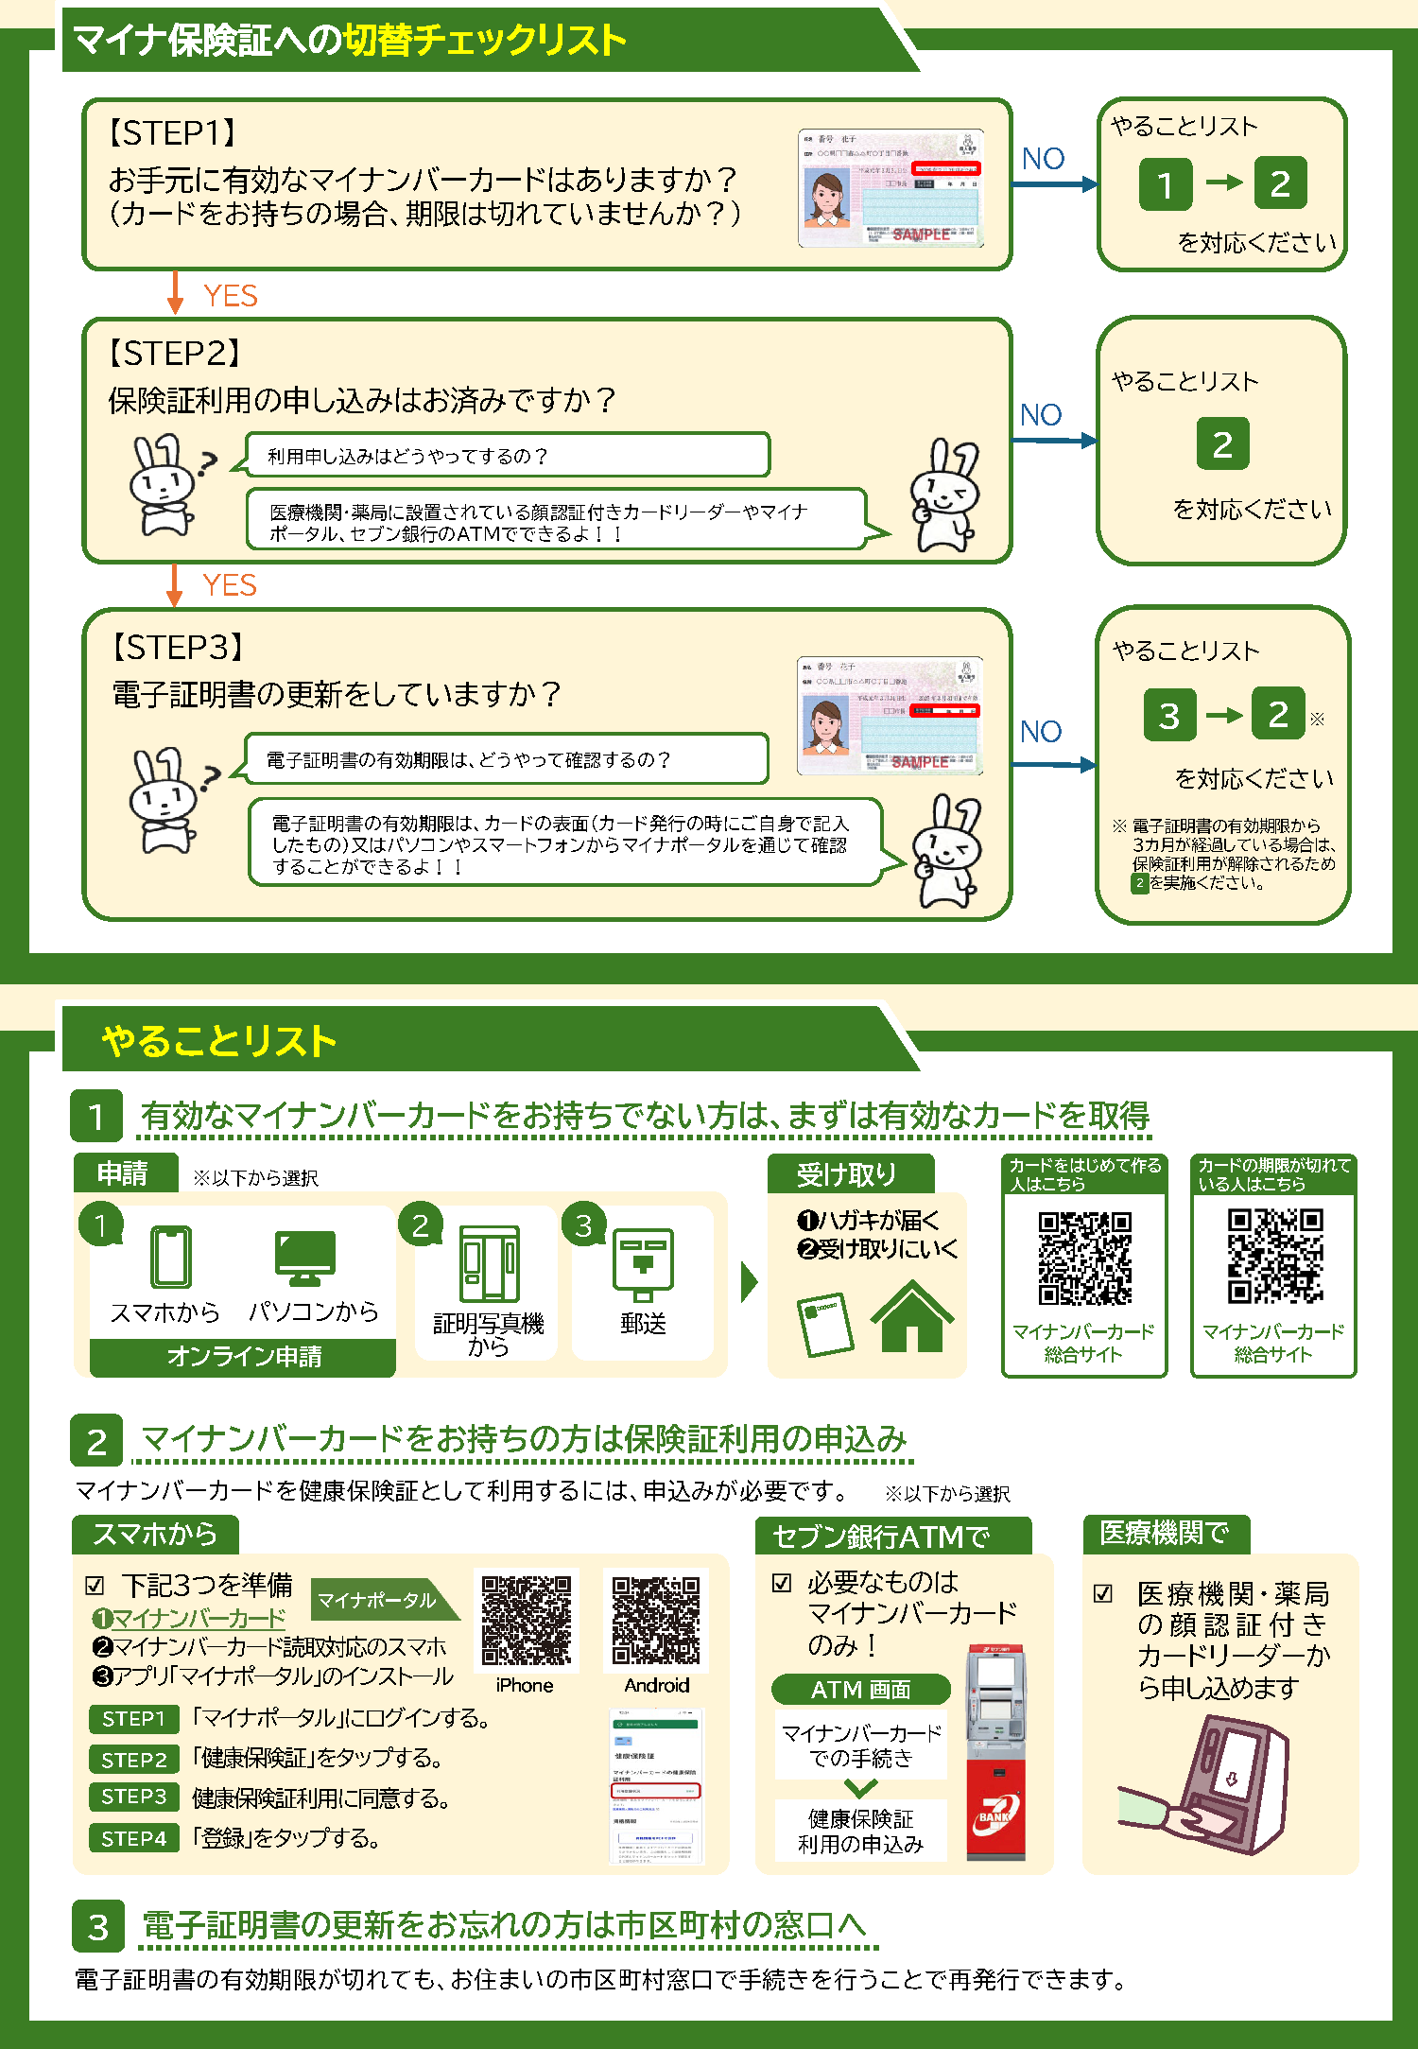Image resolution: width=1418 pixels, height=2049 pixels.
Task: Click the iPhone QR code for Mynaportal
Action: click(526, 1619)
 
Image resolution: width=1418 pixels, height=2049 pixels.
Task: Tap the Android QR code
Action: click(656, 1619)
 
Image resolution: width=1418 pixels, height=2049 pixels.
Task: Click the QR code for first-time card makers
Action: click(1084, 1258)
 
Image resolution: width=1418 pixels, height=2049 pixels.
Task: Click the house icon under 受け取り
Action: click(911, 1316)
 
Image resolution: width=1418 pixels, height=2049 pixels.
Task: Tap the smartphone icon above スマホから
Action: click(171, 1256)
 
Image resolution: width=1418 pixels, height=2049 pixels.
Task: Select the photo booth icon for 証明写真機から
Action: click(489, 1264)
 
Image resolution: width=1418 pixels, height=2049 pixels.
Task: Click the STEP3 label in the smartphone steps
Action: click(134, 1797)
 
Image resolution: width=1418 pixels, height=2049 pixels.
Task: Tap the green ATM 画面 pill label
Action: click(860, 1689)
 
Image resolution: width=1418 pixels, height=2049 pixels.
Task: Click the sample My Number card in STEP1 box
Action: click(890, 188)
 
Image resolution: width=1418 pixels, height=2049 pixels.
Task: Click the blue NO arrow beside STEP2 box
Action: click(1054, 440)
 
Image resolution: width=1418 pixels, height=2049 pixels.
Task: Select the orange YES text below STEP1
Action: click(230, 296)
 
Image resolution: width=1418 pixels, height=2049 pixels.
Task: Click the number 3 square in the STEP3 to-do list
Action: click(1169, 715)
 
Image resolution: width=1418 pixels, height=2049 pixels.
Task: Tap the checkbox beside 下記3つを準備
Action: click(95, 1586)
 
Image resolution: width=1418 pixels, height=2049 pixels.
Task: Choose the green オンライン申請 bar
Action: click(243, 1357)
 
